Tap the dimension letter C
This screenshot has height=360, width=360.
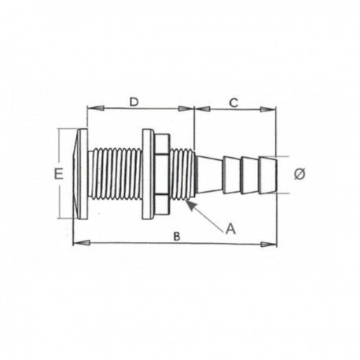233,102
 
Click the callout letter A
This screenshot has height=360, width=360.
230,229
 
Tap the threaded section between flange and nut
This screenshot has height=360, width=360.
114,174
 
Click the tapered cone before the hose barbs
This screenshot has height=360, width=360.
208,174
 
